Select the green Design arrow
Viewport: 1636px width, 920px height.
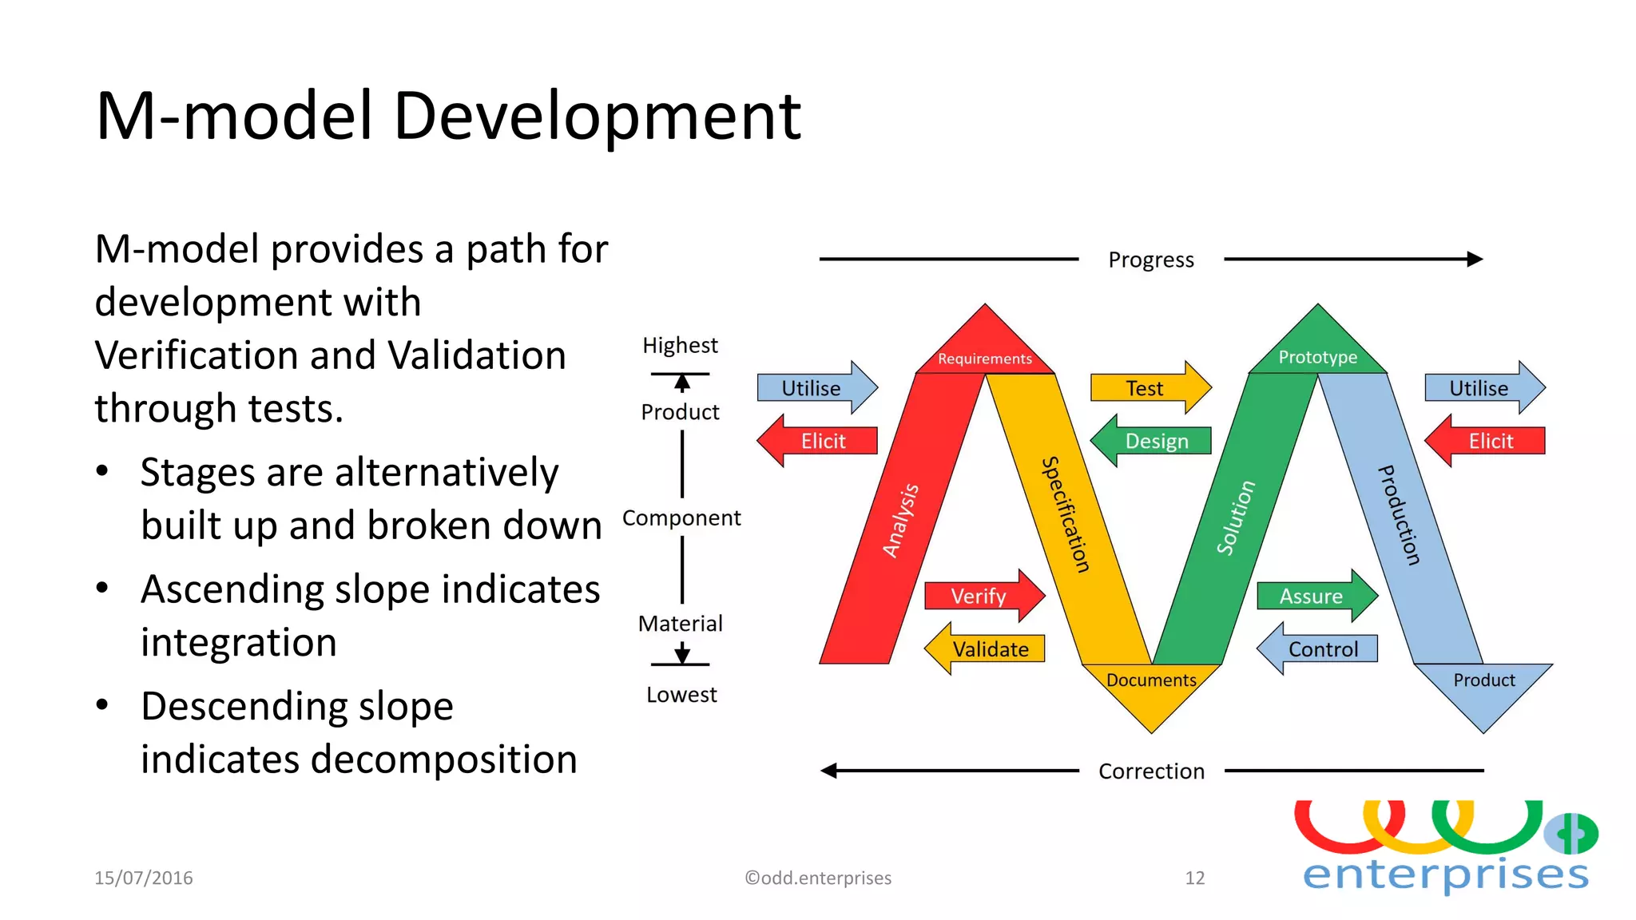(1154, 441)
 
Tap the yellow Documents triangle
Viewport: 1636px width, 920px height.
(1151, 691)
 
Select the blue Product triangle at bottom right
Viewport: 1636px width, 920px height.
(1483, 691)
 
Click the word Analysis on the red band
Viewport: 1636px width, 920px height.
(900, 521)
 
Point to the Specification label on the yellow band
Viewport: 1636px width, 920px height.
(1066, 514)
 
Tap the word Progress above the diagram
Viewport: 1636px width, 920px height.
(1151, 260)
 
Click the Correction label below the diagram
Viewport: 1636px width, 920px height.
(1151, 771)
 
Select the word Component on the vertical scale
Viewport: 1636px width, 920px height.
(681, 518)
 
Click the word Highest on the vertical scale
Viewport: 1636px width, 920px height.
(681, 345)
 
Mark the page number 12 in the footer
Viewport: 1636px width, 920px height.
(1194, 878)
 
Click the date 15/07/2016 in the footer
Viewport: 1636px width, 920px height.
(144, 878)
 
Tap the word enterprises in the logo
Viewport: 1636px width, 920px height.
(1446, 874)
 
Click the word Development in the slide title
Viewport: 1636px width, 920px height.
(597, 117)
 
